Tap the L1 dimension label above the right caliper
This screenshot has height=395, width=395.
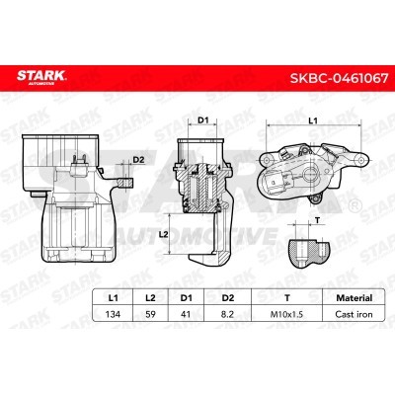[311, 120]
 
